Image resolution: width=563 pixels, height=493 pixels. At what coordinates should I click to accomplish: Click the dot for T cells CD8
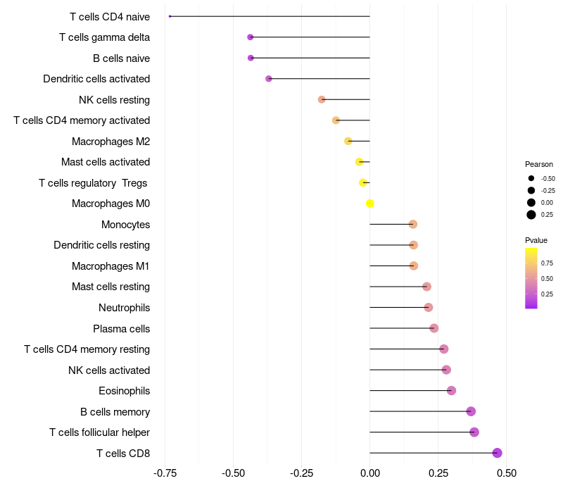click(498, 453)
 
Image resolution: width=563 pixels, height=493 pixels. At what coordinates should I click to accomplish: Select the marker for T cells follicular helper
click(474, 432)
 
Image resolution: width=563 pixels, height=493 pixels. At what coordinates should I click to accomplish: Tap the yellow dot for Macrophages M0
click(370, 204)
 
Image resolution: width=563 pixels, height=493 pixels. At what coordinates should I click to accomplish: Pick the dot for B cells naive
click(251, 58)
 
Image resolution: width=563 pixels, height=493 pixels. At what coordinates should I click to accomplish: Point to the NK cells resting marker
click(322, 99)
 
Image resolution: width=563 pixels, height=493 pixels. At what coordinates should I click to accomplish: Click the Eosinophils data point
click(452, 391)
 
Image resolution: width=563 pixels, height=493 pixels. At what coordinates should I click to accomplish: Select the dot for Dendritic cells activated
click(269, 79)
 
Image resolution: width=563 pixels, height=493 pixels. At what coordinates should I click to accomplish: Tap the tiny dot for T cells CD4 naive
click(170, 16)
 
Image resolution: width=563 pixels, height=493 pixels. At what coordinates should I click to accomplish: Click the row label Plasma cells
click(121, 328)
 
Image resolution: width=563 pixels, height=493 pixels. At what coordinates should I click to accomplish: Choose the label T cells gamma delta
click(104, 37)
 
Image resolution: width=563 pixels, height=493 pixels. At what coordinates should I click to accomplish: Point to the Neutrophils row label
click(124, 308)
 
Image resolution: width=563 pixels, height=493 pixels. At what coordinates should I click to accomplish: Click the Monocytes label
click(125, 225)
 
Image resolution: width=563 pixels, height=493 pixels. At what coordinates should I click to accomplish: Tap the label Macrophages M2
click(110, 142)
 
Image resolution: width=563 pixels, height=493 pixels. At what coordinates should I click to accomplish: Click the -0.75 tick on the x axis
click(165, 473)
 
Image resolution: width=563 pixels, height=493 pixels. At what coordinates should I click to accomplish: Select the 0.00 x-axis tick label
click(370, 473)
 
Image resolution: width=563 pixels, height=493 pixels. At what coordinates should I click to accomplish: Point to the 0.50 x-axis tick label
click(506, 473)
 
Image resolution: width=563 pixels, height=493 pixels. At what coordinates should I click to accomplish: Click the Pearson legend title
click(539, 164)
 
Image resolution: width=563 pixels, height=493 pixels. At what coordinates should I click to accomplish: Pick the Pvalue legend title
click(536, 240)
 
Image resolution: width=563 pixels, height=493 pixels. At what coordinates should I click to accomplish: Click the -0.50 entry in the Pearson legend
click(548, 178)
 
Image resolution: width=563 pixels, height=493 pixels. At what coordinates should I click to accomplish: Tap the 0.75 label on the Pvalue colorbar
click(547, 263)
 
